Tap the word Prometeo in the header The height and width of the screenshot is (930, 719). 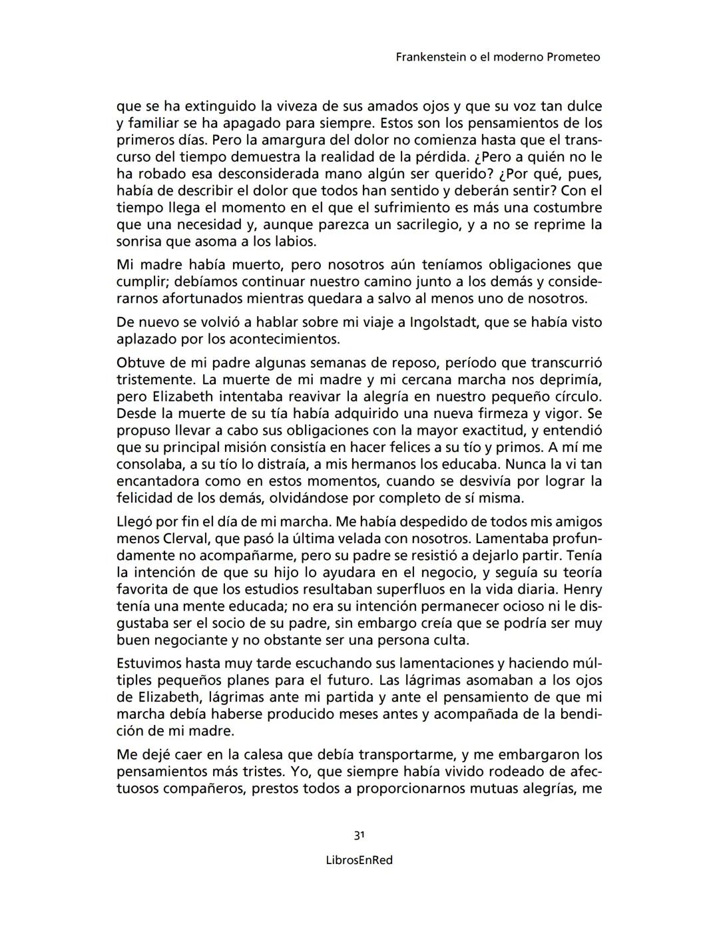573,57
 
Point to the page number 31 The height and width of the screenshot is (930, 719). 359,835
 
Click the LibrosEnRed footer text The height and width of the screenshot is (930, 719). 359,860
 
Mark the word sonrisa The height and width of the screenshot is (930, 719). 142,241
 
